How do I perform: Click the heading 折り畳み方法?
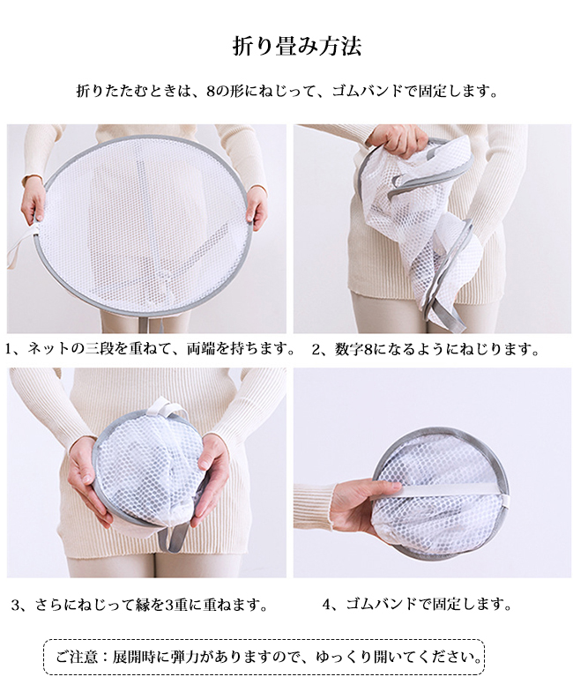point(296,47)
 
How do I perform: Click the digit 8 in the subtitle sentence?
point(211,92)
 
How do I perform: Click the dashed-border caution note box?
point(264,657)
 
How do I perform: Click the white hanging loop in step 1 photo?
point(18,243)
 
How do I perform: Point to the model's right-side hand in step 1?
point(257,206)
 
